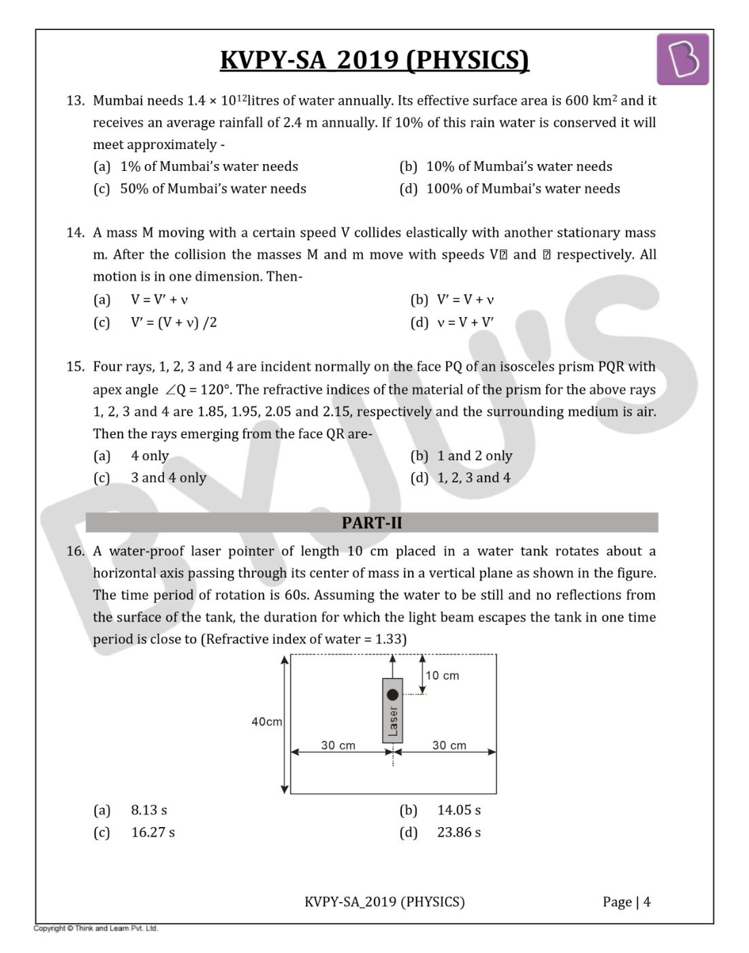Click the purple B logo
682,60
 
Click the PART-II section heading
372,523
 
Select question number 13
75,101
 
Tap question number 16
75,551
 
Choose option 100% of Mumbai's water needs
522,189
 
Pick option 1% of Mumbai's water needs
208,167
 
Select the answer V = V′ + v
159,300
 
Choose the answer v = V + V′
465,322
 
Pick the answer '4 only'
150,456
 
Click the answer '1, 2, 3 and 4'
473,478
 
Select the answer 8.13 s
148,810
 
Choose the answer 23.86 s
458,833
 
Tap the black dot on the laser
392,695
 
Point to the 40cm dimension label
266,722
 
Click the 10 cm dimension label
442,676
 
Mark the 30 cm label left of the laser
338,745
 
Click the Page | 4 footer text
626,902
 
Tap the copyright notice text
95,928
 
